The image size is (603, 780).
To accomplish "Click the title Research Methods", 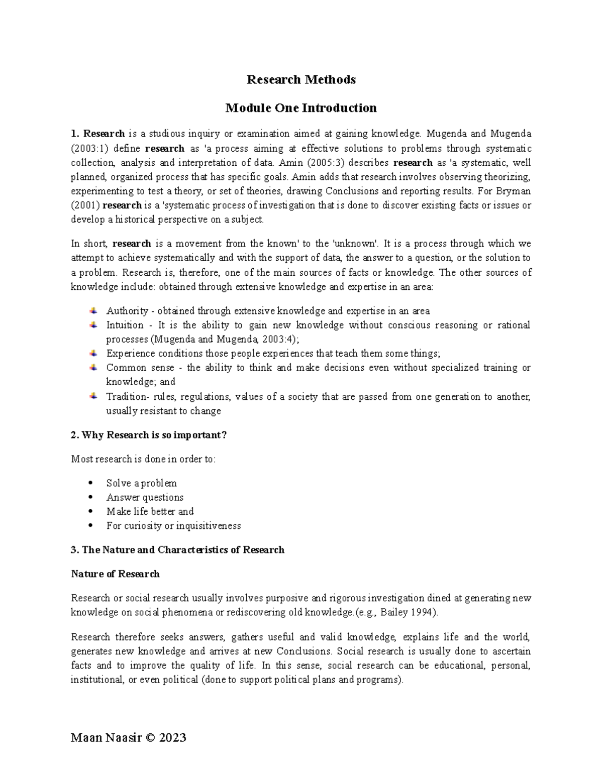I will tap(301, 79).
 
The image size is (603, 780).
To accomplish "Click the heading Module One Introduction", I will tap(301, 108).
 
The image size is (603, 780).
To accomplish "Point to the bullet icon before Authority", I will tap(93, 310).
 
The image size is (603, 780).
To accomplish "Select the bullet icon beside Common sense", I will tap(93, 367).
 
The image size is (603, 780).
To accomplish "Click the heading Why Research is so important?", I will tap(149, 435).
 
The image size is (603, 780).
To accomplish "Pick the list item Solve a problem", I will tap(141, 483).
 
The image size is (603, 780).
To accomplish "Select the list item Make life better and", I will tap(150, 511).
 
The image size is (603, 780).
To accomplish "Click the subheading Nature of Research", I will tap(115, 574).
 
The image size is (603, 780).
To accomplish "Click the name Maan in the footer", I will tap(86, 738).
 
